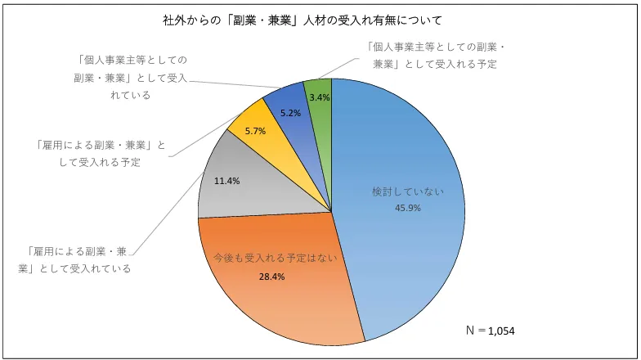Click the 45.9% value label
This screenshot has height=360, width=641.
(x=408, y=208)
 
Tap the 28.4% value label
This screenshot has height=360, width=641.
(x=271, y=277)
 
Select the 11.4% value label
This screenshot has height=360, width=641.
(x=226, y=181)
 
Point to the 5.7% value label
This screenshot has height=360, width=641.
(x=255, y=131)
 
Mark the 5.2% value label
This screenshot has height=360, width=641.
(x=290, y=113)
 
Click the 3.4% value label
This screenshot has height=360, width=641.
(x=320, y=97)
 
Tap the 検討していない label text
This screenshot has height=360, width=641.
(x=408, y=191)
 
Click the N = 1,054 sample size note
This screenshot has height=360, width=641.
(x=490, y=330)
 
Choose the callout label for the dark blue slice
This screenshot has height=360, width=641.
(x=131, y=77)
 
